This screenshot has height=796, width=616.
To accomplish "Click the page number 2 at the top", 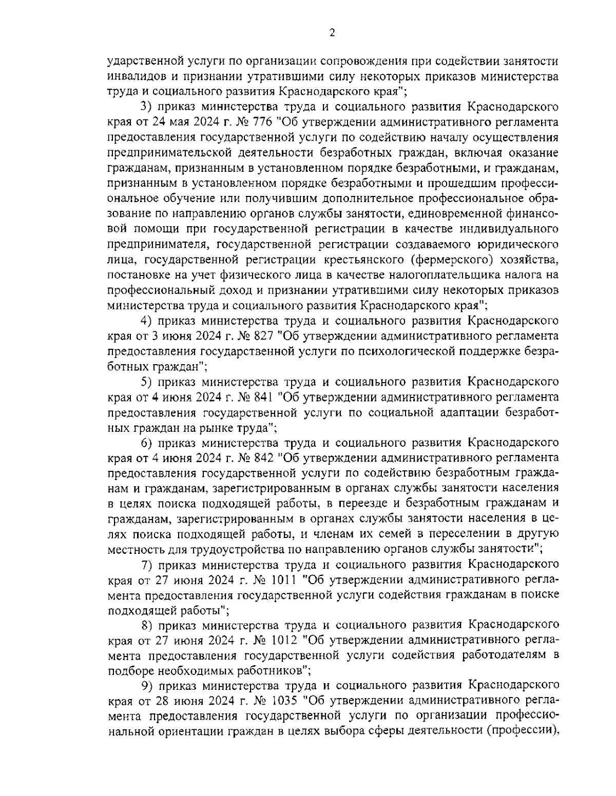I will point(332,33).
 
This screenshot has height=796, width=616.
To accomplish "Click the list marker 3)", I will point(146,108).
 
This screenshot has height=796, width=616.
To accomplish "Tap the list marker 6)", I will point(146,443).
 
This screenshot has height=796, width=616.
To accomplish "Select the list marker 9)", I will point(146,686).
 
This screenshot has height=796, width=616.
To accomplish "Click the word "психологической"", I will point(401,351).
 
